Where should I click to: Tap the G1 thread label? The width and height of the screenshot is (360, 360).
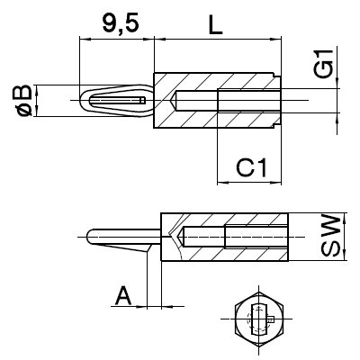click(327, 66)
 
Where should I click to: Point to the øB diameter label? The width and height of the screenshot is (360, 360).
click(22, 102)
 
